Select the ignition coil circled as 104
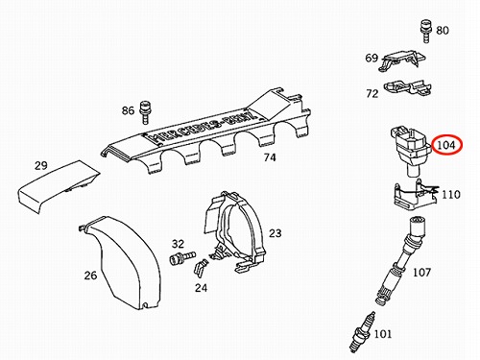411,150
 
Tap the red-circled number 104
447,145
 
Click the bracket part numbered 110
415,194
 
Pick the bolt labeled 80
425,32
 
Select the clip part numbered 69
402,60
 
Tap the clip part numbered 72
408,87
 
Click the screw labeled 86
146,112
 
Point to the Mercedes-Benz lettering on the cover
204,127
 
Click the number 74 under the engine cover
270,157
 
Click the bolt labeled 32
181,257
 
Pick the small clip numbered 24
201,268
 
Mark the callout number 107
421,273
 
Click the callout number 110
451,194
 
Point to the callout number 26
90,276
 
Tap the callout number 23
275,233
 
